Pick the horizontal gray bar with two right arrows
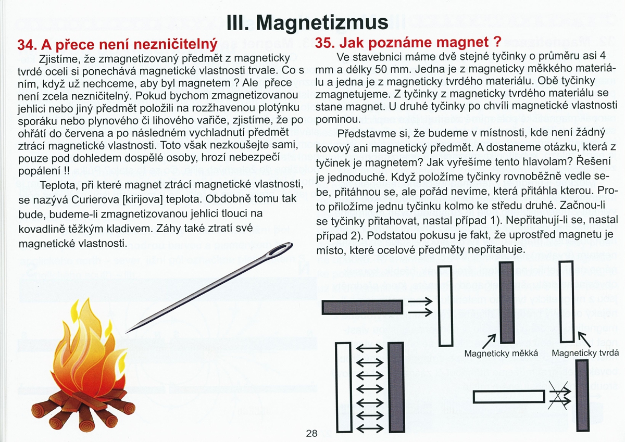(362, 307)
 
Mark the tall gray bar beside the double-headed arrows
(396, 386)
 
